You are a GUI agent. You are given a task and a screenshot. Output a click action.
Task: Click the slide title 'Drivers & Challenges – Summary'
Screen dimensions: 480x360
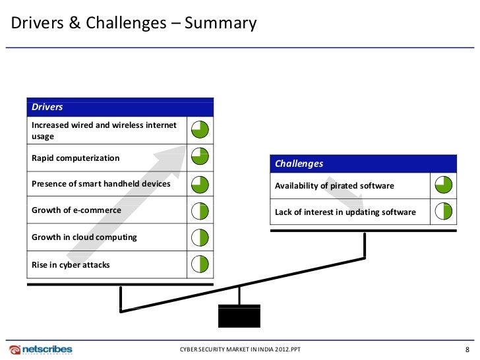[133, 24]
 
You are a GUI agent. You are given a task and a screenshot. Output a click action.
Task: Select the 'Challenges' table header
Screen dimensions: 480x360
[299, 164]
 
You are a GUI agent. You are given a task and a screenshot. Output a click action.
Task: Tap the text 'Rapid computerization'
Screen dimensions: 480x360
[76, 158]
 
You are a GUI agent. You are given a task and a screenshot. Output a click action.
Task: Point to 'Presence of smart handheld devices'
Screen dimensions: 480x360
[101, 184]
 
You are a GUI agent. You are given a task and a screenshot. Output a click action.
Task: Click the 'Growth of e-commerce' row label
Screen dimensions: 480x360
[76, 210]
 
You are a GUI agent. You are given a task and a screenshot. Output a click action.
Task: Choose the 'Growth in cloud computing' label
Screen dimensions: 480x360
[84, 237]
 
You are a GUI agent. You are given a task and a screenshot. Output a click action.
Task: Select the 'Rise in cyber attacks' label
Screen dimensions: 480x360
[71, 265]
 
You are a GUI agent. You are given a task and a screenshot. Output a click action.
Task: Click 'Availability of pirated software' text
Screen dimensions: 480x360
[334, 186]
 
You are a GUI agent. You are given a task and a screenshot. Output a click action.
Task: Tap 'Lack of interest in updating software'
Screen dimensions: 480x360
[345, 212]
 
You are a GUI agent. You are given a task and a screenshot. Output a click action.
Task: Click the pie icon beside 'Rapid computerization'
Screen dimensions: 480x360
[200, 156]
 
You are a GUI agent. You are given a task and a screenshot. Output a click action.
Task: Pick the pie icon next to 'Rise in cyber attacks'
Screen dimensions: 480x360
[200, 264]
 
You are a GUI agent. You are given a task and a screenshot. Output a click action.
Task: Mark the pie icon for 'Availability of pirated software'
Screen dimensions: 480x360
[443, 185]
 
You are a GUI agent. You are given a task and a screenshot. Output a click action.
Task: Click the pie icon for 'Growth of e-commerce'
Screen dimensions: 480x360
[200, 210]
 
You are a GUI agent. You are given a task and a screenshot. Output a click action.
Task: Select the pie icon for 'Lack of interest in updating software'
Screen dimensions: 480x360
[443, 212]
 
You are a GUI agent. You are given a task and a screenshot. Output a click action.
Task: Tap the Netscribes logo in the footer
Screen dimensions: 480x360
[41, 349]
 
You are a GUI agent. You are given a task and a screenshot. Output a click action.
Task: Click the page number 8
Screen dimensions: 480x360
[467, 349]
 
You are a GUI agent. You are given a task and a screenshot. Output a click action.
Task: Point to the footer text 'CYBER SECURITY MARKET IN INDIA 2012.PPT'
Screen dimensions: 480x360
[240, 349]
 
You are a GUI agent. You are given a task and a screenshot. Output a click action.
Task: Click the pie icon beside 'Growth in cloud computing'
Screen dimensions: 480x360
[200, 237]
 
